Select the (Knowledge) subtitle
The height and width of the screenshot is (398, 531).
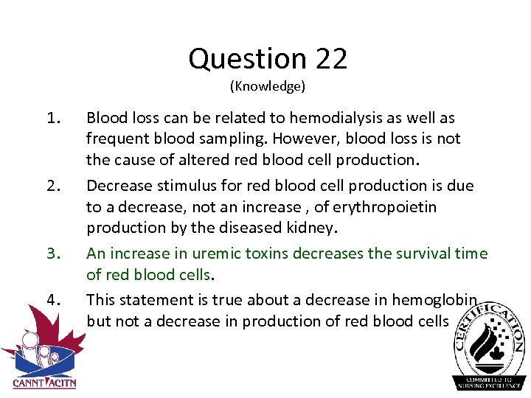tap(267, 86)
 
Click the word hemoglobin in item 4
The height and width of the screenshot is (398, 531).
tap(437, 299)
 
